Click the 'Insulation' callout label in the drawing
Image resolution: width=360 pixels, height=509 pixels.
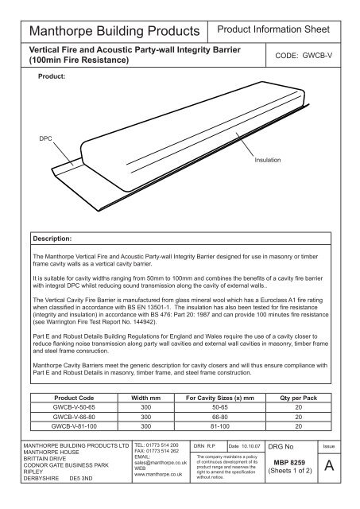269,160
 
